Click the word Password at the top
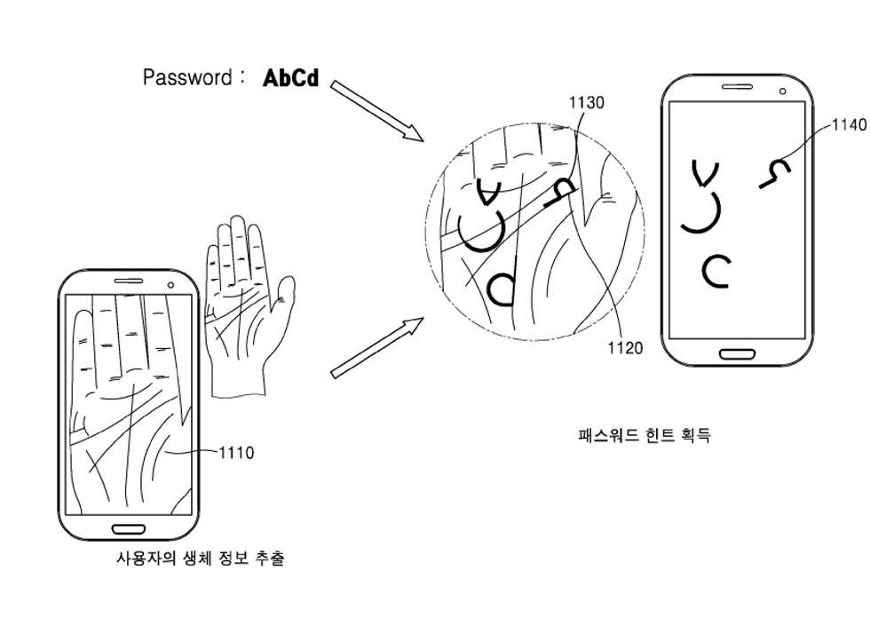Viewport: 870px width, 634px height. click(x=186, y=78)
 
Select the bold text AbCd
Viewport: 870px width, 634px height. click(x=290, y=78)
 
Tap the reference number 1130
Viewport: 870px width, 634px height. click(x=586, y=103)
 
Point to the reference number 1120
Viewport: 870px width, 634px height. click(x=625, y=348)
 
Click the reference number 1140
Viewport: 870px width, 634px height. click(x=849, y=125)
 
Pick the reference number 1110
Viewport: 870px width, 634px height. click(x=236, y=453)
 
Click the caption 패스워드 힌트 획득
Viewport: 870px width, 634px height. click(x=644, y=435)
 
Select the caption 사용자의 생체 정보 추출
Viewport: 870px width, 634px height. click(x=201, y=559)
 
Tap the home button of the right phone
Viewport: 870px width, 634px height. click(x=737, y=354)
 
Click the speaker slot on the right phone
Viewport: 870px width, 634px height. click(x=736, y=88)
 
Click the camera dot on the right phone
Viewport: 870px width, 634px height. click(x=782, y=91)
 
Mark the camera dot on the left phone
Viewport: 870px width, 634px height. click(x=170, y=285)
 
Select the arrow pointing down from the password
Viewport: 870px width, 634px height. click(x=377, y=111)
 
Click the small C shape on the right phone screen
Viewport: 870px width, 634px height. click(x=716, y=271)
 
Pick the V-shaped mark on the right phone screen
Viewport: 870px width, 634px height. click(x=706, y=174)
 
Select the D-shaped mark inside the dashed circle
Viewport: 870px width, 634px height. click(x=501, y=287)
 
